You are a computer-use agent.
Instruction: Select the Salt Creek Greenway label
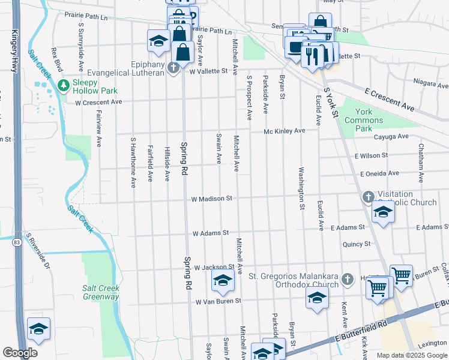pos(100,292)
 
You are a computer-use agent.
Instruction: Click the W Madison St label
pos(211,199)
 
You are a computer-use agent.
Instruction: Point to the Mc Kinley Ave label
pos(285,131)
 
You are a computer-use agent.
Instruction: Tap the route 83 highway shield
pos(16,241)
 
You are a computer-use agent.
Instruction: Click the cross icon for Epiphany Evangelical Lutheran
pos(174,67)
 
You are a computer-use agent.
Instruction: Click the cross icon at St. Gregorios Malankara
pos(347,279)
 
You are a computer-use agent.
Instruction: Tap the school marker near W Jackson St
pos(222,280)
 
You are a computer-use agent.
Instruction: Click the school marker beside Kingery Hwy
pos(38,329)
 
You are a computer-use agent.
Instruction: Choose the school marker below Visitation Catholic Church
pos(383,211)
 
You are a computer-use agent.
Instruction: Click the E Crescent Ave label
pos(390,97)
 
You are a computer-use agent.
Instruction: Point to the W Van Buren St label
pos(218,301)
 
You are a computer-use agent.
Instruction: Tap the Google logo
pos(20,353)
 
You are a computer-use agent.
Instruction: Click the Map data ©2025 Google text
pos(411,355)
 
